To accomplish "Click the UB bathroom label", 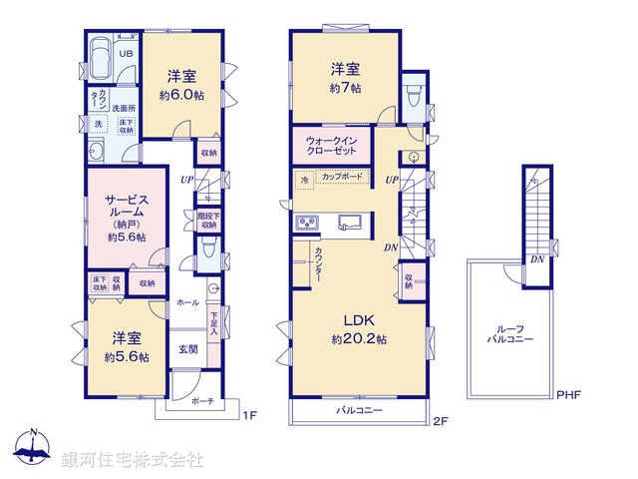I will [x=127, y=54].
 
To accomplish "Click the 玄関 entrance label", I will [x=188, y=349].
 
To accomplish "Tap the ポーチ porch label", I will [x=201, y=401].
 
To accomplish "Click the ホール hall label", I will [x=186, y=300].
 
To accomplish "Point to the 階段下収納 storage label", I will [x=208, y=221].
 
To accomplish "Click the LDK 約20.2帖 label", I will [x=358, y=329].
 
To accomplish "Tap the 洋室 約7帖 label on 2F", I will [x=345, y=78].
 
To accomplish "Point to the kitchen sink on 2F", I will [x=349, y=221].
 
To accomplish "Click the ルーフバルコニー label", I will [x=509, y=334].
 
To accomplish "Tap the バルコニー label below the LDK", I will [x=354, y=410].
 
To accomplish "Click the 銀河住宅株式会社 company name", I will [x=132, y=460].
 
